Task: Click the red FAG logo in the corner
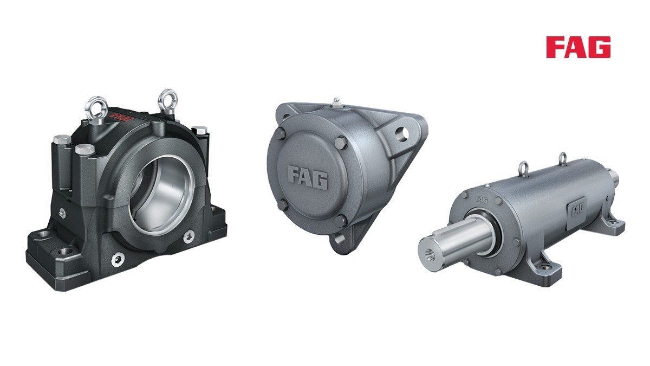coord(578,47)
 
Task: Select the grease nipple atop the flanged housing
coord(335,101)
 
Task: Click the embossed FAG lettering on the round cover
coord(307,177)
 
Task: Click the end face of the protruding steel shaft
coord(431,252)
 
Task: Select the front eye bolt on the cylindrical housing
coord(523,168)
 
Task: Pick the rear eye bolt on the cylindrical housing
coord(562,157)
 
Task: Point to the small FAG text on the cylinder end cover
coord(482,200)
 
